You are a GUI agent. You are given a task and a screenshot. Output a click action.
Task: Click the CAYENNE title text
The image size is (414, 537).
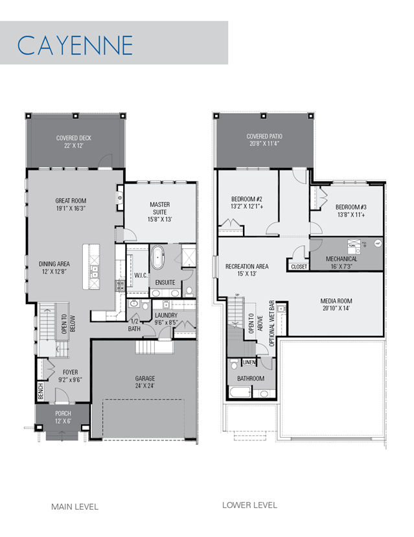pyautogui.click(x=75, y=45)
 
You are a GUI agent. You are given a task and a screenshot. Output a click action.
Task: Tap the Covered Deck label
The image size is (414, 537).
pyautogui.click(x=74, y=141)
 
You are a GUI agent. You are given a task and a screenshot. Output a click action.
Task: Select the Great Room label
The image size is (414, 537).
pyautogui.click(x=71, y=204)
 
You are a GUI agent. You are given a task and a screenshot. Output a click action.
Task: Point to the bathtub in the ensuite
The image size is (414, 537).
pyautogui.click(x=157, y=257)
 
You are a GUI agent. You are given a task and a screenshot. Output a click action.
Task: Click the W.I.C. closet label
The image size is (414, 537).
pyautogui.click(x=141, y=276)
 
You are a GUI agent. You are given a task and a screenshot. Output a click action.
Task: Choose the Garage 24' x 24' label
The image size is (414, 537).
pyautogui.click(x=145, y=382)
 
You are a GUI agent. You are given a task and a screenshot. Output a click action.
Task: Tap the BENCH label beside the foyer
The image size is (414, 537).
pyautogui.click(x=41, y=391)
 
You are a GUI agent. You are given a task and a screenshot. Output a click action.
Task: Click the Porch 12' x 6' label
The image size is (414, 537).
pyautogui.click(x=63, y=417)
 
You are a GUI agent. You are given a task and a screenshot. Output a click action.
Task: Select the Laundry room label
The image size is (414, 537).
pyautogui.click(x=166, y=318)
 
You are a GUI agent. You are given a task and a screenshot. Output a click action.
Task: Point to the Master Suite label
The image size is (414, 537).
pyautogui.click(x=160, y=211)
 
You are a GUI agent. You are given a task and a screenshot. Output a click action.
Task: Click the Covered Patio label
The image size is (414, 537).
pyautogui.click(x=264, y=139)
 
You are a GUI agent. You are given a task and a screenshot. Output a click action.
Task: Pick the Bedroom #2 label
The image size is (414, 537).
pyautogui.click(x=247, y=202)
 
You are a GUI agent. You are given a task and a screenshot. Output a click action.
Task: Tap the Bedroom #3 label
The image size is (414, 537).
pyautogui.click(x=351, y=211)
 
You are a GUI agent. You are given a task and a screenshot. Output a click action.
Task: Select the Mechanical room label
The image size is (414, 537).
pyautogui.click(x=341, y=262)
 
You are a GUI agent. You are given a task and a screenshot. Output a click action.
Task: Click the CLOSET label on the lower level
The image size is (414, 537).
pyautogui.click(x=299, y=267)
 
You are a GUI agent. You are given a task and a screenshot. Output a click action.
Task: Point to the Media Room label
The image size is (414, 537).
pyautogui.click(x=336, y=304)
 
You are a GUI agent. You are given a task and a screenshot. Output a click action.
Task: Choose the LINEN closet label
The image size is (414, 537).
pyautogui.click(x=249, y=362)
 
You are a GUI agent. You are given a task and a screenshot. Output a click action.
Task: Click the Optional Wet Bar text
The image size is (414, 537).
pyautogui.click(x=272, y=324)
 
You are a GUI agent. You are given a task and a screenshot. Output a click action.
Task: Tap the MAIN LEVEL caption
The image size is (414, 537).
pyautogui.click(x=75, y=507)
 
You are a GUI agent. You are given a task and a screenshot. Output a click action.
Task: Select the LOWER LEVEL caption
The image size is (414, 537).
pyautogui.click(x=250, y=505)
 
